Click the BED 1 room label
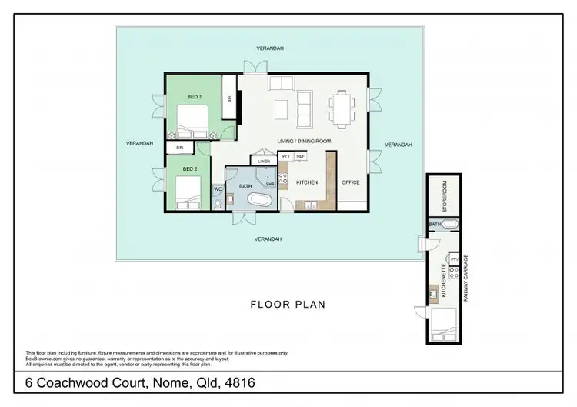[195, 97]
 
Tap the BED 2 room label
[190, 168]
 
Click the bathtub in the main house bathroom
[258, 201]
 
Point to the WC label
[218, 188]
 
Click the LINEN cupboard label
[264, 162]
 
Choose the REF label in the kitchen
[300, 156]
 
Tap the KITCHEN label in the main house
[307, 183]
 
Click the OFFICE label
[351, 183]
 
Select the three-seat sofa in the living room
[305, 108]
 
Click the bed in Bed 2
[187, 192]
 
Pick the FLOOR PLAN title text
[288, 304]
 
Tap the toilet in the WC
[217, 202]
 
